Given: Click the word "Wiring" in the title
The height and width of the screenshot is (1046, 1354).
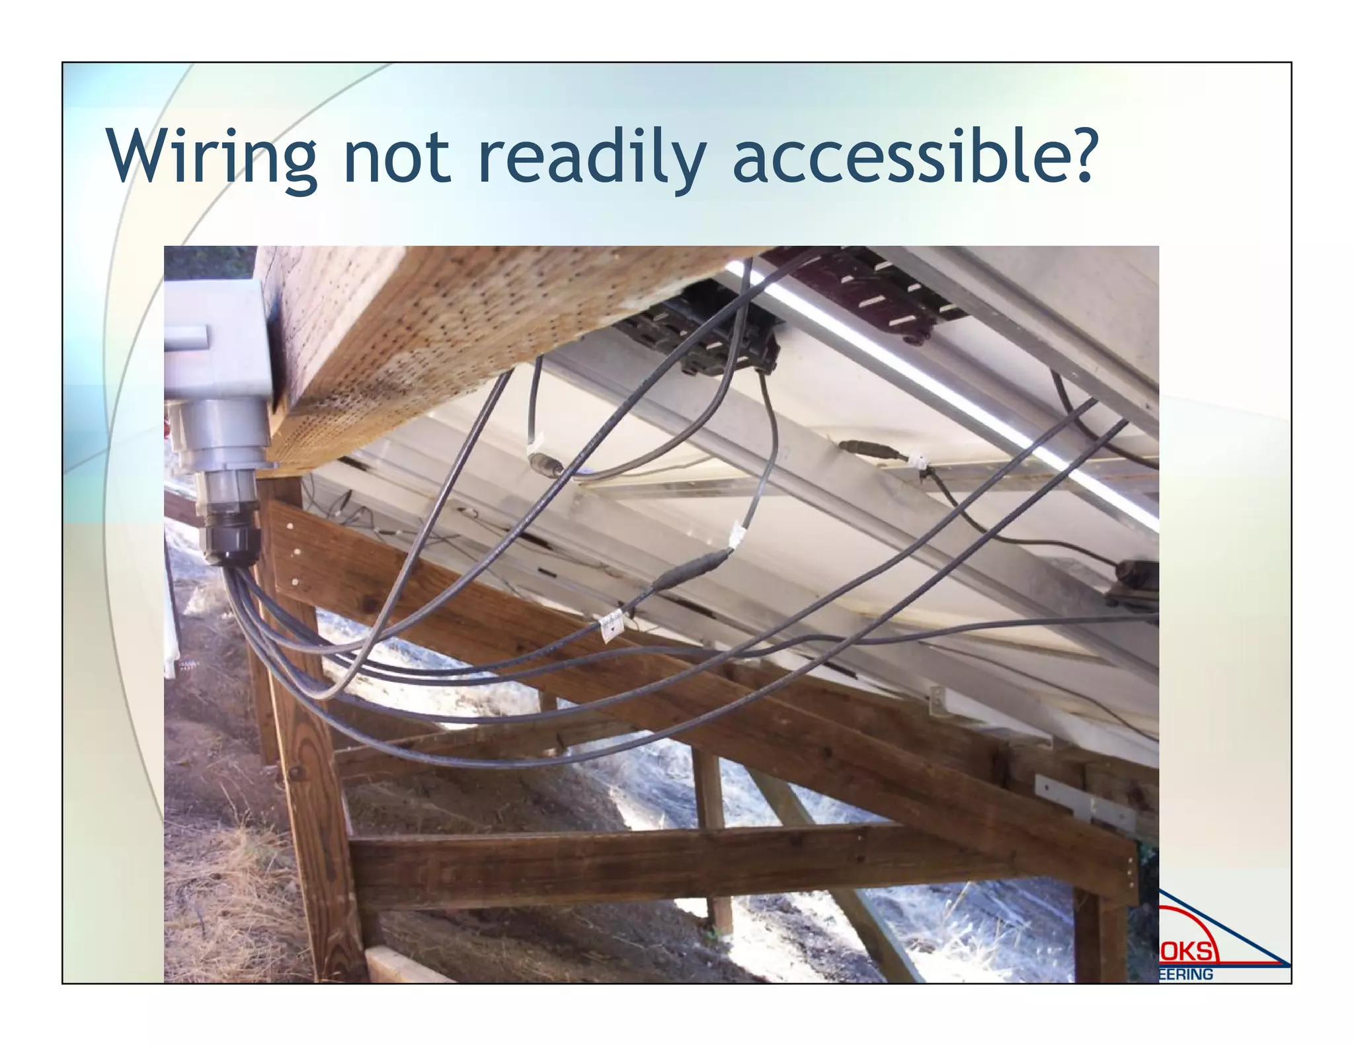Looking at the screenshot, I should click(x=212, y=157).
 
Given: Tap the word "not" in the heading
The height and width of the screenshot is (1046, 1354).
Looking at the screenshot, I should click(x=397, y=157).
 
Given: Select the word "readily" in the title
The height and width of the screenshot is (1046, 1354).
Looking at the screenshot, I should click(x=592, y=157).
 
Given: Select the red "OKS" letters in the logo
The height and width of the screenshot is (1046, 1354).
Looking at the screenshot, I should click(x=1187, y=951).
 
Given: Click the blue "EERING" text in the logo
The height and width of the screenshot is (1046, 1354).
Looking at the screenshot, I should click(x=1187, y=974).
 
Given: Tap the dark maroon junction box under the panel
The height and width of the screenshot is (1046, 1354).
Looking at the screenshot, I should click(x=866, y=291).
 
